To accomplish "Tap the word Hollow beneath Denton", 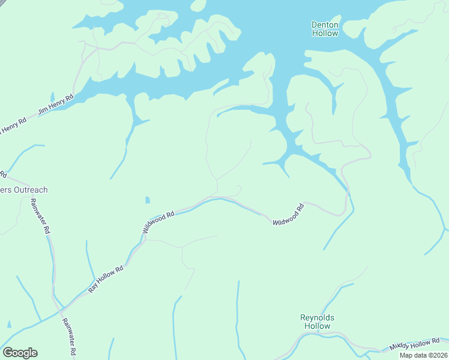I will [x=325, y=34].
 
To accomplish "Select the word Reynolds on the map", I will [x=317, y=317].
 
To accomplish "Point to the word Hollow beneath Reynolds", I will [x=317, y=326].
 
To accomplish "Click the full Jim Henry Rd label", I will [x=55, y=104].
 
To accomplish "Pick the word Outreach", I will [x=28, y=190].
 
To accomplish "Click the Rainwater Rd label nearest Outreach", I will [x=40, y=216].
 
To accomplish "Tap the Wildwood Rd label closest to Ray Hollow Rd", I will [x=158, y=222].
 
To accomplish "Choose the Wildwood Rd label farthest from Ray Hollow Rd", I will [x=289, y=214].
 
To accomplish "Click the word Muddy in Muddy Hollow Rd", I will [x=399, y=347].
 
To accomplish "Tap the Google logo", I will [x=20, y=353].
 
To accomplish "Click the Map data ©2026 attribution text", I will [x=423, y=355].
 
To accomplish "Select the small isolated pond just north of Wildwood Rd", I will [x=148, y=200].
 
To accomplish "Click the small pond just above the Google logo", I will [x=9, y=324].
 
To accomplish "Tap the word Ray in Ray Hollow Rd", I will [x=92, y=286].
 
